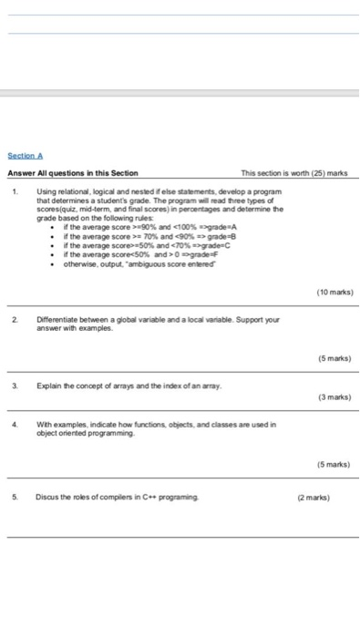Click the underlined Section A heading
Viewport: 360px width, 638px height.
tap(26, 157)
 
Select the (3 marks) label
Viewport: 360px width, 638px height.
tap(334, 397)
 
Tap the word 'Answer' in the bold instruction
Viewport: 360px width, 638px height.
tap(21, 173)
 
